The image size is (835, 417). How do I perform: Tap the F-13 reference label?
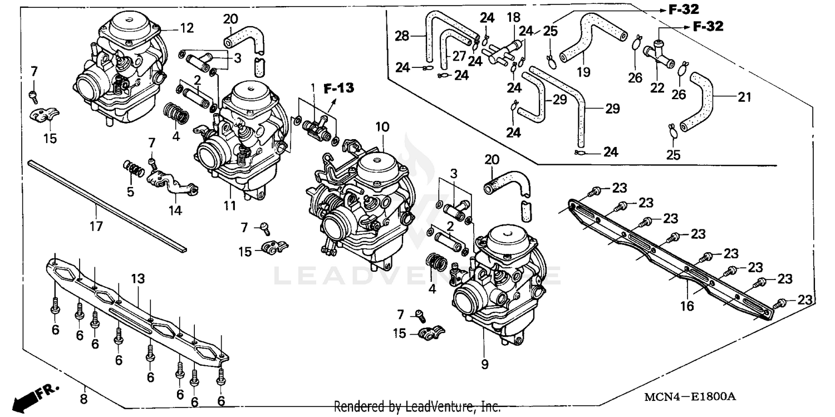[x=339, y=87]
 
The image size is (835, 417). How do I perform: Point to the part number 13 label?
[x=137, y=277]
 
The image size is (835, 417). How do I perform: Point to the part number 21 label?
[x=744, y=97]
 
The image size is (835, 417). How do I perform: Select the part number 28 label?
[x=401, y=37]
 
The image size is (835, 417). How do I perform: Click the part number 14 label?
[x=175, y=210]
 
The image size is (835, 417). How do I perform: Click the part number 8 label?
[x=84, y=399]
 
